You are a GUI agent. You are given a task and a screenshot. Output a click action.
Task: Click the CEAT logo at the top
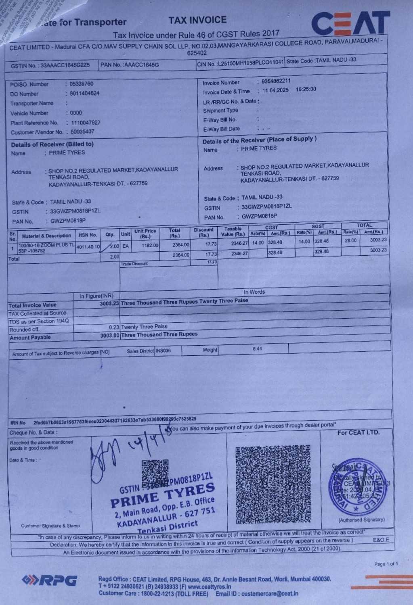[x=350, y=24]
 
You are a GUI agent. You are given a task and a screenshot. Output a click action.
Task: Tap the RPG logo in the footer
[x=50, y=580]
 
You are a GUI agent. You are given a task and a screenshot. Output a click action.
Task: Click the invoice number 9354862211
[x=276, y=81]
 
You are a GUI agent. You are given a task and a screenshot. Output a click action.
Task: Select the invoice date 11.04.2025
[x=275, y=90]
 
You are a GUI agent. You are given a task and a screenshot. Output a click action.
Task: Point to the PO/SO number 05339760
[x=81, y=84]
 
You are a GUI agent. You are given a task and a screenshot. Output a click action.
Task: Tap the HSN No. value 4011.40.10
[x=88, y=246]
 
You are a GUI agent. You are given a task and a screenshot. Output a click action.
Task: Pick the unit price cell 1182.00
[x=150, y=245]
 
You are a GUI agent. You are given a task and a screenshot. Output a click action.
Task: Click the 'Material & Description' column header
[x=46, y=236]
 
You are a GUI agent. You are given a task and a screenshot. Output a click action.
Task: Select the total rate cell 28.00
[x=350, y=240]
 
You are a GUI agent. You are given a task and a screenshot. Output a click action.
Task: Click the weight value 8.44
[x=257, y=348]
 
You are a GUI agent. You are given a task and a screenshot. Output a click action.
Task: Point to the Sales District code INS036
[x=164, y=350]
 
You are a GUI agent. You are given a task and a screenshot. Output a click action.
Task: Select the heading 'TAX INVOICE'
[x=197, y=20]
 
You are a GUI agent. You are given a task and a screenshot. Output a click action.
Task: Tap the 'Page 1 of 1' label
[x=386, y=564]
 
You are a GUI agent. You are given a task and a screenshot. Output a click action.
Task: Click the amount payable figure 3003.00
[x=109, y=336]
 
